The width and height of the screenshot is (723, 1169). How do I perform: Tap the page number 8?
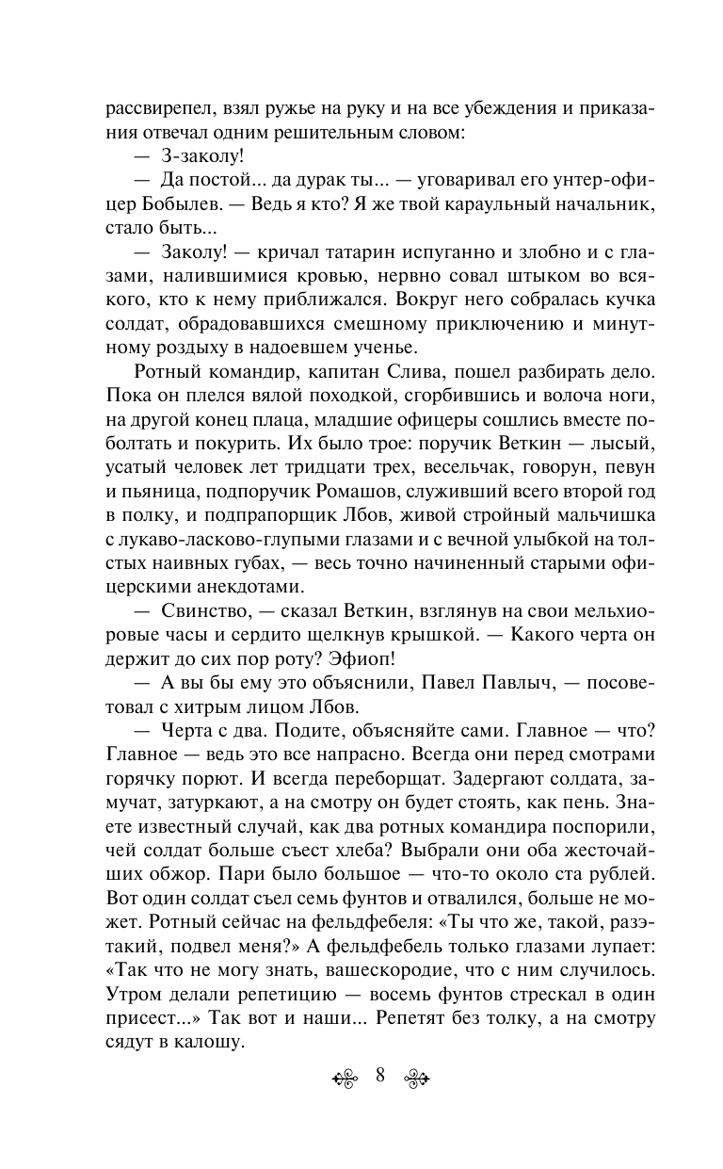(379, 1078)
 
